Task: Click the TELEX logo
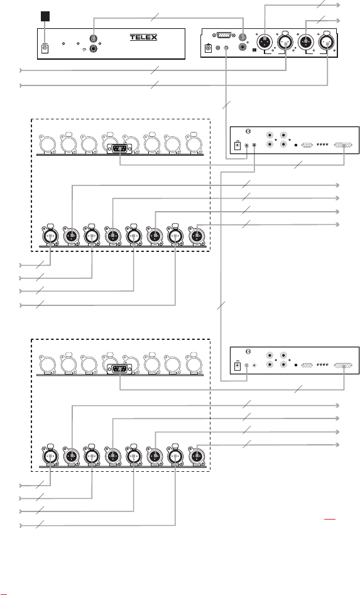[x=143, y=37]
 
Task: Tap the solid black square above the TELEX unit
[x=45, y=16]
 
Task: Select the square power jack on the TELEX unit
[x=45, y=48]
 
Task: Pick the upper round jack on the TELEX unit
[x=93, y=39]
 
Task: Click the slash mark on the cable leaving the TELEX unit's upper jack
[x=155, y=17]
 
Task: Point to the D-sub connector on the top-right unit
[x=226, y=35]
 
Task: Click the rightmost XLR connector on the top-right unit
[x=327, y=43]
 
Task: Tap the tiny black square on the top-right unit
[x=254, y=50]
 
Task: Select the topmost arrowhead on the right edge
[x=337, y=5]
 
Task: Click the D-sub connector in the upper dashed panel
[x=119, y=149]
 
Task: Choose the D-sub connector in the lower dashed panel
[x=119, y=369]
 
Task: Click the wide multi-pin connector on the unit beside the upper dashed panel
[x=343, y=145]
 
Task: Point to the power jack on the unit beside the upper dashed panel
[x=237, y=145]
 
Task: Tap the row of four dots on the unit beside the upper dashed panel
[x=322, y=145]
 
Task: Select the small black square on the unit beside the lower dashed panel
[x=295, y=365]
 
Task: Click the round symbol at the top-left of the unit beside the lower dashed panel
[x=248, y=351]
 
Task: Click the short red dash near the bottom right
[x=330, y=518]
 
